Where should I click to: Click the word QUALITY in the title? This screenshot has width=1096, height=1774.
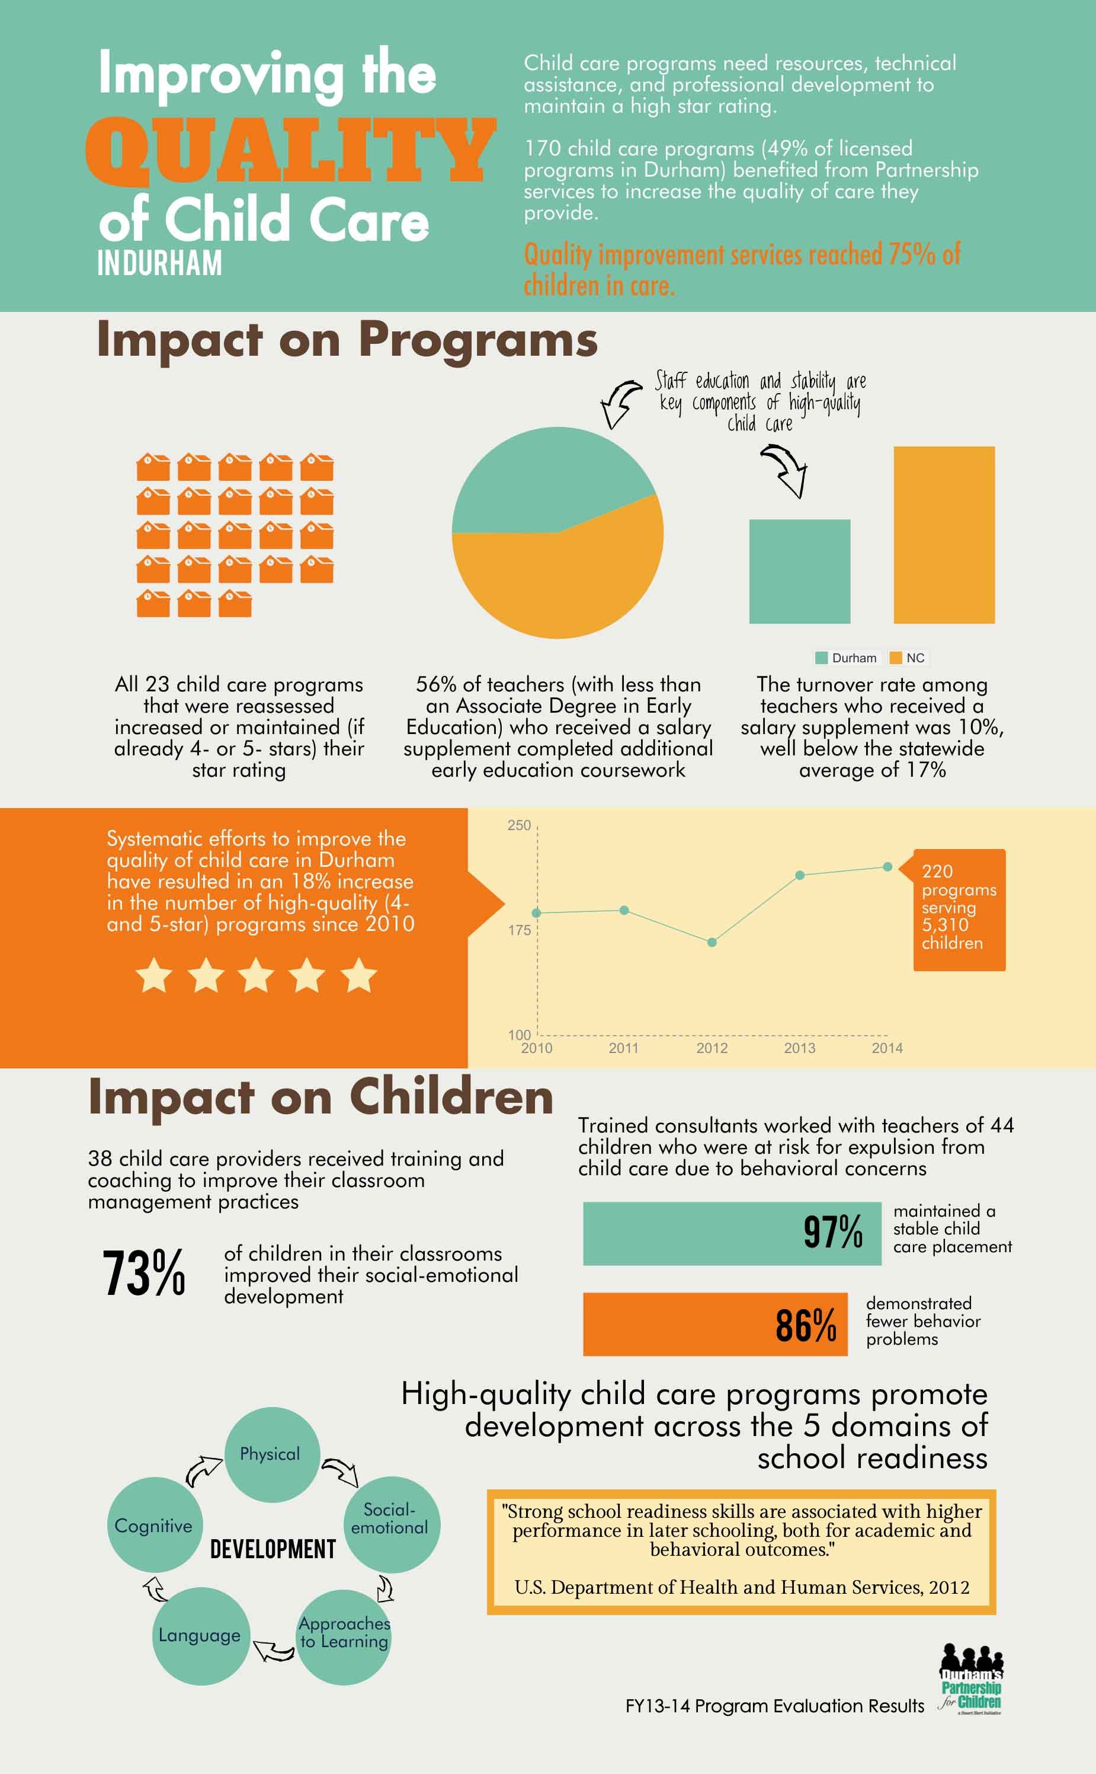[x=290, y=151]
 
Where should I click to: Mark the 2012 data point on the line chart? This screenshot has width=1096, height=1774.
[x=712, y=942]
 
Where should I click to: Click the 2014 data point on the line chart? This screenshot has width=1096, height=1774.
[x=887, y=867]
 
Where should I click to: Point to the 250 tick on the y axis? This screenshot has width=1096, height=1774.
[x=519, y=825]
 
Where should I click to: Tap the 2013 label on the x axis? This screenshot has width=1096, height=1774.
[x=800, y=1048]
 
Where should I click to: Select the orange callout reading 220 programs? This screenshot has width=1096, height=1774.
[x=959, y=910]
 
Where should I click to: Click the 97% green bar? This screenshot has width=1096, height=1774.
[x=732, y=1234]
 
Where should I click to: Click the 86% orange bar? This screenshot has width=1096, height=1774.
[x=714, y=1325]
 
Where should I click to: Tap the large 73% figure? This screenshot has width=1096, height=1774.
[x=144, y=1274]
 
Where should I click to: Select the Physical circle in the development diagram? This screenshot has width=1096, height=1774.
[x=271, y=1454]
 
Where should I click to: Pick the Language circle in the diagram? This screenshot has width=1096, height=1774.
[x=200, y=1635]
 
